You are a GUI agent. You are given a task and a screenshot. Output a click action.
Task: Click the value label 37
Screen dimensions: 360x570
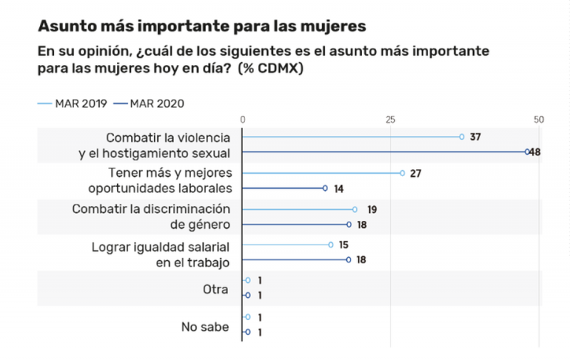coord(476,136)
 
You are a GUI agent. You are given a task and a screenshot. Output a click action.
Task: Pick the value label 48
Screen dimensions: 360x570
coord(535,152)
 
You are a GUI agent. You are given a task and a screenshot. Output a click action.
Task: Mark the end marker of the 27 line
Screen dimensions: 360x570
coord(403,173)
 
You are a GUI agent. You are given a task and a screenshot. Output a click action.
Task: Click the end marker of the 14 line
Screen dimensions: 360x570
coord(325,188)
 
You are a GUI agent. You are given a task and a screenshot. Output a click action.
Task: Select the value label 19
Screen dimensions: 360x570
coord(372,210)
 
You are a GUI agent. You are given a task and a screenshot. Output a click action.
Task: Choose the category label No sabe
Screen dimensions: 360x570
coord(205,327)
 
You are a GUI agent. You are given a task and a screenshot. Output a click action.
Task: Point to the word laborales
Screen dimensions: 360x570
coord(205,188)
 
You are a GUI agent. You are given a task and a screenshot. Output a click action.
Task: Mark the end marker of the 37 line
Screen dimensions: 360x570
coord(462,137)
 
